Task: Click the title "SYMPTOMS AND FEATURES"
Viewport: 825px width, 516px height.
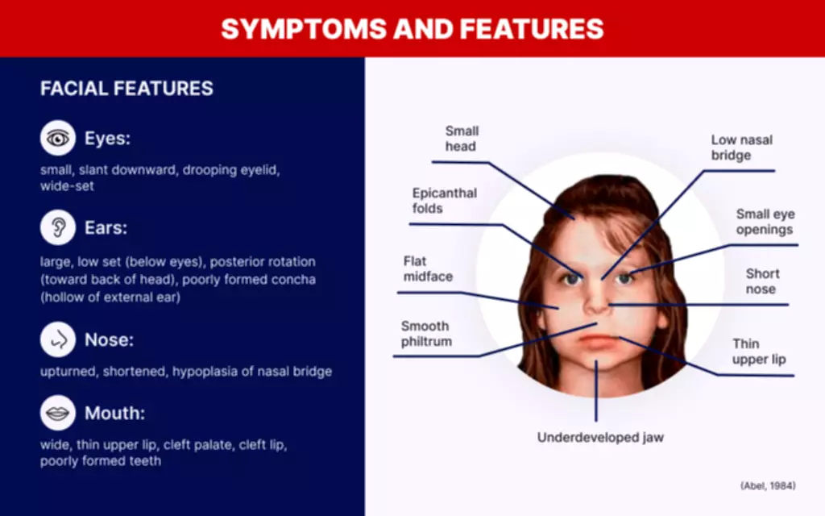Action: [x=412, y=28]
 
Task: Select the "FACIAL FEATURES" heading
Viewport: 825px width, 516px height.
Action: [x=126, y=88]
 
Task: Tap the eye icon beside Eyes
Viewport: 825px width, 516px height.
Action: [x=58, y=138]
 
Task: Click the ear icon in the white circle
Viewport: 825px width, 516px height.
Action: [x=58, y=227]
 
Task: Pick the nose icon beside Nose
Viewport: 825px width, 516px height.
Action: [x=58, y=339]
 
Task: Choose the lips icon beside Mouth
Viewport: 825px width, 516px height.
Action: [x=58, y=413]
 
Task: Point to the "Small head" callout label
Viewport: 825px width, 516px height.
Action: [x=462, y=139]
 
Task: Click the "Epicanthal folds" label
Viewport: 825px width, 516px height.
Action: [x=445, y=201]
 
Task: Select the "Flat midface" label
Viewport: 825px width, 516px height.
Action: [x=428, y=268]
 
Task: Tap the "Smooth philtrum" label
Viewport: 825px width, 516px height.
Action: [x=426, y=333]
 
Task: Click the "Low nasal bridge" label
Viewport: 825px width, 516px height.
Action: [x=742, y=148]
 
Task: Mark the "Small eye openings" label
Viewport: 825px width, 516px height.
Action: [x=765, y=222]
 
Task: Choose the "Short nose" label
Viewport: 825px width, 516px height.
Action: [x=762, y=281]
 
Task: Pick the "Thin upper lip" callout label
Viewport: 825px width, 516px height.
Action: [x=759, y=352]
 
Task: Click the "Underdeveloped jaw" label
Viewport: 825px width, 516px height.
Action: [x=600, y=437]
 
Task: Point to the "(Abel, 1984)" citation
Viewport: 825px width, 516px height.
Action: [x=768, y=485]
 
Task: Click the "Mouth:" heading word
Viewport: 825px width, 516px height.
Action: [x=114, y=413]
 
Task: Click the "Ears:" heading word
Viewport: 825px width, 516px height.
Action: [x=106, y=227]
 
